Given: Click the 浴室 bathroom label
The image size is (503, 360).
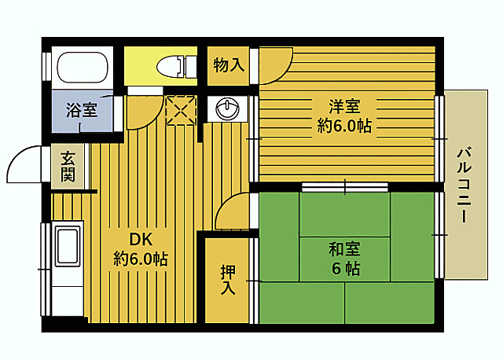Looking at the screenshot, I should click(x=82, y=110).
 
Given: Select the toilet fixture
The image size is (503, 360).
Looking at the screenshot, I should click(x=175, y=66).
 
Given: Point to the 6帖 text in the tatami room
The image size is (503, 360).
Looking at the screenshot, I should click(x=344, y=269).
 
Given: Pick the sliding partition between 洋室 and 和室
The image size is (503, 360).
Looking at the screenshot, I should click(x=344, y=187).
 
